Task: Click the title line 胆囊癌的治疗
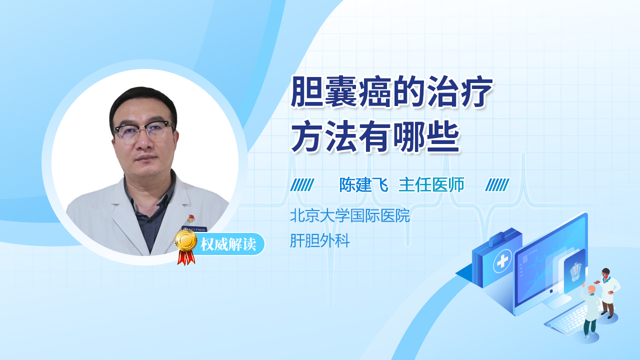pyautogui.click(x=392, y=91)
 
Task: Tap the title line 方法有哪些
pyautogui.click(x=375, y=136)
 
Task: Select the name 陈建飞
pyautogui.click(x=363, y=185)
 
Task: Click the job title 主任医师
pyautogui.click(x=431, y=185)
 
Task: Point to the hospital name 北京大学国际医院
pyautogui.click(x=350, y=215)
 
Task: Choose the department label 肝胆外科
pyautogui.click(x=320, y=240)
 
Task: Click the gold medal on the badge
pyautogui.click(x=186, y=241)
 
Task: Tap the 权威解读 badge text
pyautogui.click(x=228, y=244)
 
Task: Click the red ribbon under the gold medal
pyautogui.click(x=186, y=257)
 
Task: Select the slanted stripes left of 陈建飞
pyautogui.click(x=302, y=185)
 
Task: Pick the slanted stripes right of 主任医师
pyautogui.click(x=497, y=185)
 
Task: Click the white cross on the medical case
pyautogui.click(x=502, y=261)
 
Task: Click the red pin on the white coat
pyautogui.click(x=190, y=219)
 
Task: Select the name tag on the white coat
pyautogui.click(x=194, y=229)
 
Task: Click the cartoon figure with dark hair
pyautogui.click(x=607, y=293)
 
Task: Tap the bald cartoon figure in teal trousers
pyautogui.click(x=590, y=311)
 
